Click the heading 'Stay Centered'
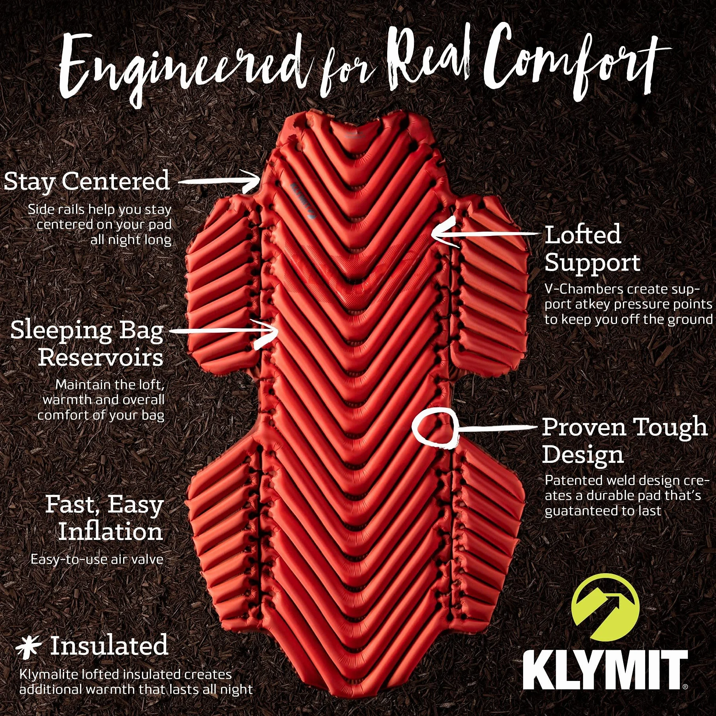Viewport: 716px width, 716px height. coord(87,181)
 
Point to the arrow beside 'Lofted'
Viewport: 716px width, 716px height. coord(485,233)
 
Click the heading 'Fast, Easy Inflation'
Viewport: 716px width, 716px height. coord(104,518)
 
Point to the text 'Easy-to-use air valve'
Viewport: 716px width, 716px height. coord(97,559)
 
